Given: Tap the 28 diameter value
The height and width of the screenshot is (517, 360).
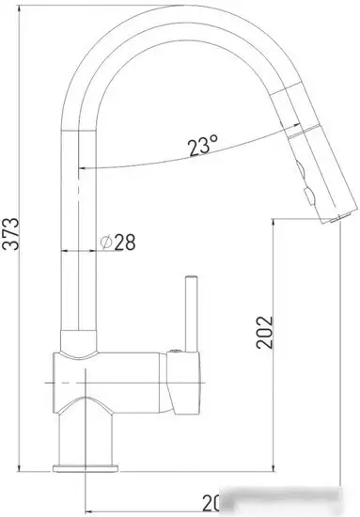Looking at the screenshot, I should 125,242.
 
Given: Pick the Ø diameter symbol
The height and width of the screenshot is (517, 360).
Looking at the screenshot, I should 106,242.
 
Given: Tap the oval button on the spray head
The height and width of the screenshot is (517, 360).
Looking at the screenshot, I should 304,173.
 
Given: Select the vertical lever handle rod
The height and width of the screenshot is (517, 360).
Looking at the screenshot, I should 191,315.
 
